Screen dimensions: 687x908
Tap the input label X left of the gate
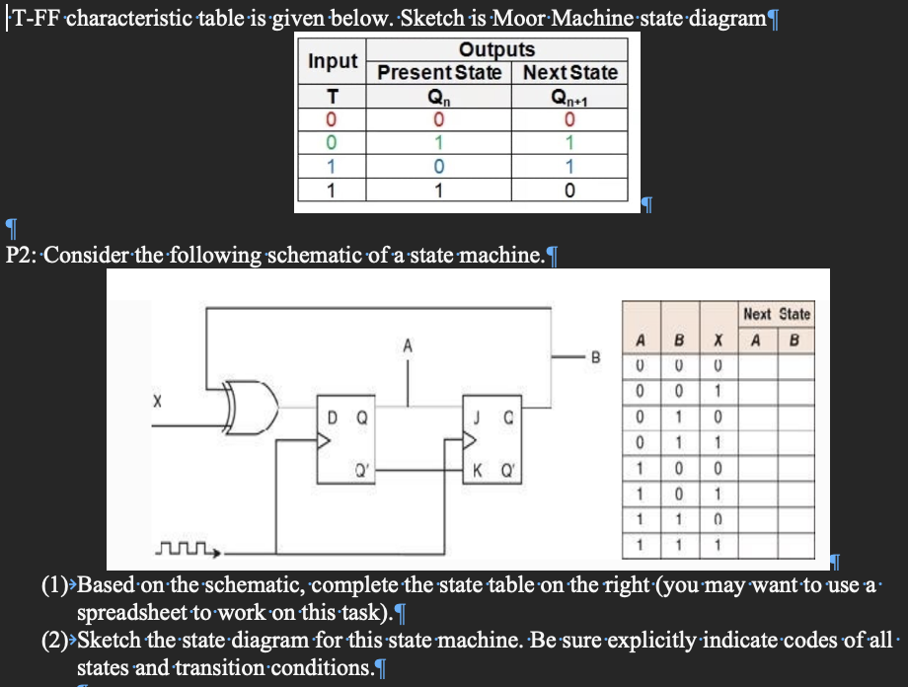click(x=155, y=402)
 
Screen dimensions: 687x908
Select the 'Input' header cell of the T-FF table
click(x=334, y=61)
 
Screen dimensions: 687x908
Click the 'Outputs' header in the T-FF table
click(x=496, y=49)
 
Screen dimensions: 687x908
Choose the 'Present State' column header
click(x=439, y=72)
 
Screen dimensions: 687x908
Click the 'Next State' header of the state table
click(x=777, y=314)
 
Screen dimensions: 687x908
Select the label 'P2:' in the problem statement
click(x=22, y=255)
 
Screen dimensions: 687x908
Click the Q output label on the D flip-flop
click(x=362, y=417)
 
